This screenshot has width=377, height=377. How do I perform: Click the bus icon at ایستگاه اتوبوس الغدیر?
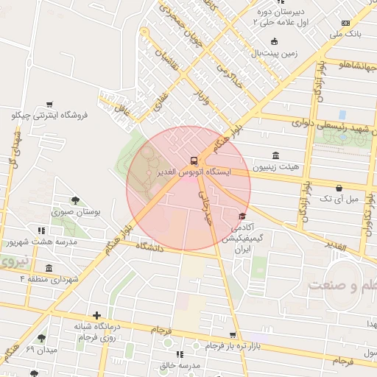[194, 160]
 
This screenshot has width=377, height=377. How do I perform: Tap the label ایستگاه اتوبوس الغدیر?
[194, 172]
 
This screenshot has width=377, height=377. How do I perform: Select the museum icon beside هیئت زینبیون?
[275, 155]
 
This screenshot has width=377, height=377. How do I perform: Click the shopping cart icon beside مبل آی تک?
[338, 188]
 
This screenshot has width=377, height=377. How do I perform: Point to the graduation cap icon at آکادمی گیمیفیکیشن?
[242, 216]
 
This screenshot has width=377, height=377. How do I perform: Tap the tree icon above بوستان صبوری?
[75, 200]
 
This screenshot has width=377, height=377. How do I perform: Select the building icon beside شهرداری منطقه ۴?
[49, 268]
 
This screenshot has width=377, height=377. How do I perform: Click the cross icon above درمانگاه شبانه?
[96, 315]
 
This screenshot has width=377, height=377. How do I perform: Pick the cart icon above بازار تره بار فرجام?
[233, 335]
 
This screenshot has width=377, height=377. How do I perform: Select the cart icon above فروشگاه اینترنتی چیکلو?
[49, 105]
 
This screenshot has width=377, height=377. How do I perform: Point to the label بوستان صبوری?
[77, 213]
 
